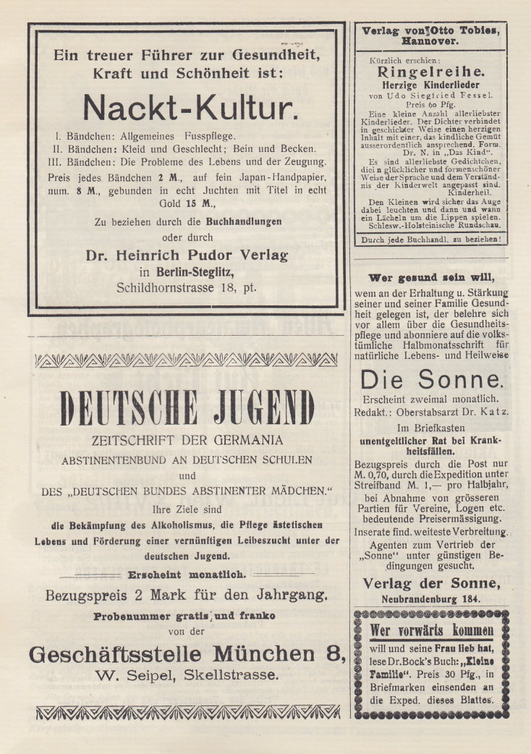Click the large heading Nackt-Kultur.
(190, 108)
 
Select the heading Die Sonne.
(431, 379)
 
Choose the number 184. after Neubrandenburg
(470, 599)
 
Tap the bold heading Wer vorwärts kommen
(431, 630)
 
